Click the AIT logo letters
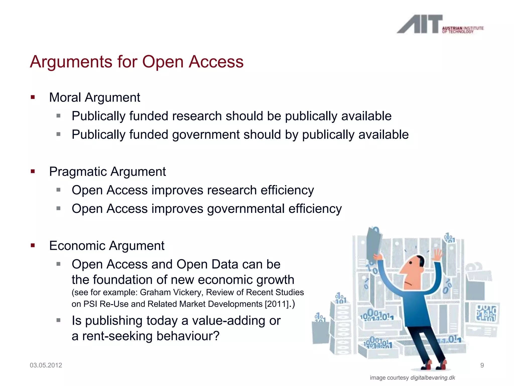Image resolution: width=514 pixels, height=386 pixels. [x=419, y=24]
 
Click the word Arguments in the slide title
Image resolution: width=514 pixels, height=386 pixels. [x=71, y=62]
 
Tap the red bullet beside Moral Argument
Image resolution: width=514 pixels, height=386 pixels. [x=33, y=97]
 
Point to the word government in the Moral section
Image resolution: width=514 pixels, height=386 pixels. [x=206, y=135]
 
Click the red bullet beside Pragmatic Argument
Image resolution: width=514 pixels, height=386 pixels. [x=33, y=171]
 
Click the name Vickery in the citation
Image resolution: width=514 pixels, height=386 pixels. [x=186, y=293]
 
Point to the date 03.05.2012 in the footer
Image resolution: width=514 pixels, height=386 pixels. [x=46, y=365]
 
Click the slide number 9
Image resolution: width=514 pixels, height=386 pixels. [x=482, y=365]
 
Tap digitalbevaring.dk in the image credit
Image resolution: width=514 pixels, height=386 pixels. [x=433, y=378]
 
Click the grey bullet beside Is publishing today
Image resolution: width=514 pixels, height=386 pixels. [x=58, y=320]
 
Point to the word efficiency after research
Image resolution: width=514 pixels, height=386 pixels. [x=287, y=190]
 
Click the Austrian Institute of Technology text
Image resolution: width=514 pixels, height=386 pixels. [x=463, y=30]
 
